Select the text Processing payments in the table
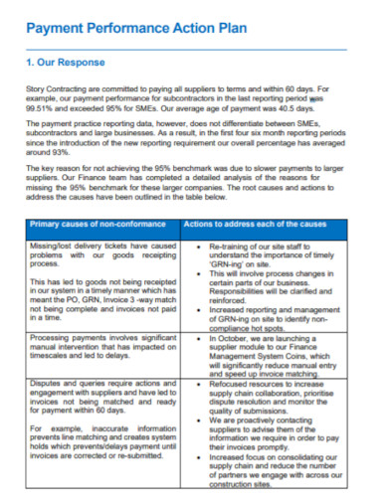[70, 367]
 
